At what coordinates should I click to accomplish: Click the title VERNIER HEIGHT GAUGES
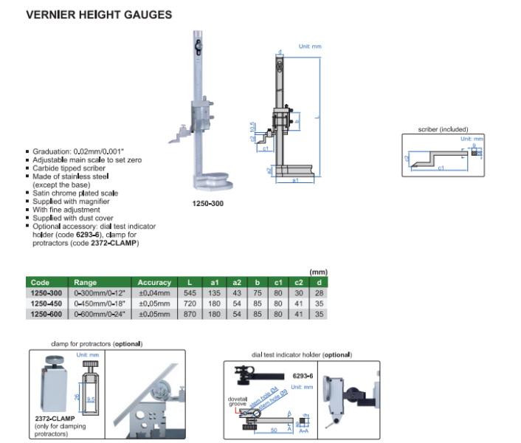[x=99, y=14]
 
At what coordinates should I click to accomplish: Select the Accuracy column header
[x=154, y=282]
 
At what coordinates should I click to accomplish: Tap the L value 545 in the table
[x=190, y=293]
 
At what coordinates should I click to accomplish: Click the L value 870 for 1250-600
[x=190, y=314]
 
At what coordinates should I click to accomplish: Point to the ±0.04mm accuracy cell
[x=153, y=293]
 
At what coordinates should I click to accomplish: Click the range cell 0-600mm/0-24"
[x=99, y=314]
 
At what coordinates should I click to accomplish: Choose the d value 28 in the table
[x=318, y=293]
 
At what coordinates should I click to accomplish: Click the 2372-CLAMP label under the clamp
[x=55, y=419]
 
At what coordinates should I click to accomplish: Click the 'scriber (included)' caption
[x=443, y=129]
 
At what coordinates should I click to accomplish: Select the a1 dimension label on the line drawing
[x=295, y=180]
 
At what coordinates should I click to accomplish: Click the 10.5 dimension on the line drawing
[x=252, y=126]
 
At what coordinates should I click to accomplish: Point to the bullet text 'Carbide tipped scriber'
[x=69, y=168]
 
